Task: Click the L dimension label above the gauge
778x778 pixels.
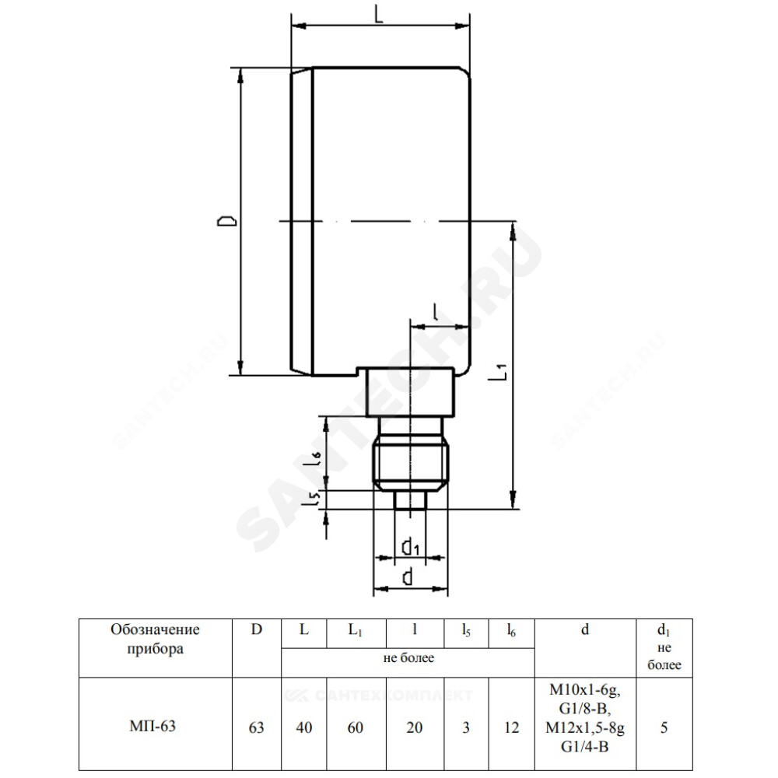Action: tap(379, 14)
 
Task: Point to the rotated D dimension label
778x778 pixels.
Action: tap(226, 221)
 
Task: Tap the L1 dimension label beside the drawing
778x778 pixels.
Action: tap(498, 372)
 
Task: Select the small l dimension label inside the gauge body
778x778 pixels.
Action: tap(435, 312)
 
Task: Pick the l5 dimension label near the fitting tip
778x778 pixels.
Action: tap(313, 498)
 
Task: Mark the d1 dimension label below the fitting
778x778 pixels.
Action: tap(410, 546)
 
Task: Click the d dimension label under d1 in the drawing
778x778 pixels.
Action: tap(408, 577)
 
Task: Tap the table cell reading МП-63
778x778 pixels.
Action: tap(152, 726)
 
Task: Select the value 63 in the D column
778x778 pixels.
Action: tap(256, 727)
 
